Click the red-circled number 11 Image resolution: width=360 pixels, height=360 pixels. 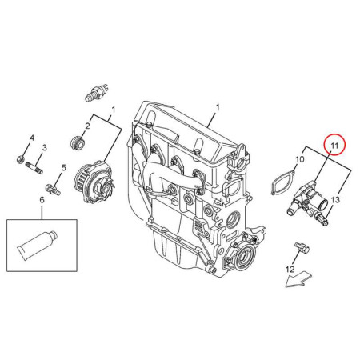pyautogui.click(x=334, y=146)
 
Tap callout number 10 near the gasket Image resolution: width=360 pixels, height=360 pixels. pyautogui.click(x=300, y=159)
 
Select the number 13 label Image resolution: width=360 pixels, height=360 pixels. pyautogui.click(x=336, y=199)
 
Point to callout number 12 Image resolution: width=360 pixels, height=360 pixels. pyautogui.click(x=290, y=270)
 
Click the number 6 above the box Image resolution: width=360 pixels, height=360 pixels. pyautogui.click(x=42, y=200)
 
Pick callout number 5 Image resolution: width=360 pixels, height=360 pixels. pyautogui.click(x=63, y=168)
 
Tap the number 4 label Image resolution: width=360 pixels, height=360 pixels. pyautogui.click(x=32, y=138)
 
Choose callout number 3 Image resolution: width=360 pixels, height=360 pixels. pyautogui.click(x=44, y=147)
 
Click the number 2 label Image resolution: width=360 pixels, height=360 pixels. pyautogui.click(x=87, y=126)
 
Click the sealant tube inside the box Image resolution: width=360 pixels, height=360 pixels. pyautogui.click(x=38, y=245)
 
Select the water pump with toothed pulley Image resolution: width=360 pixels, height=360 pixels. pyautogui.click(x=95, y=182)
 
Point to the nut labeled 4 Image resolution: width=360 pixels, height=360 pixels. pyautogui.click(x=20, y=160)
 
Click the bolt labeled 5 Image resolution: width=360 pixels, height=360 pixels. pyautogui.click(x=53, y=189)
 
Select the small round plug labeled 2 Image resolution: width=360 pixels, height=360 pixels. pyautogui.click(x=78, y=142)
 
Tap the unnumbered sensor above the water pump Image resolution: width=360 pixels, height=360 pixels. pyautogui.click(x=97, y=92)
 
